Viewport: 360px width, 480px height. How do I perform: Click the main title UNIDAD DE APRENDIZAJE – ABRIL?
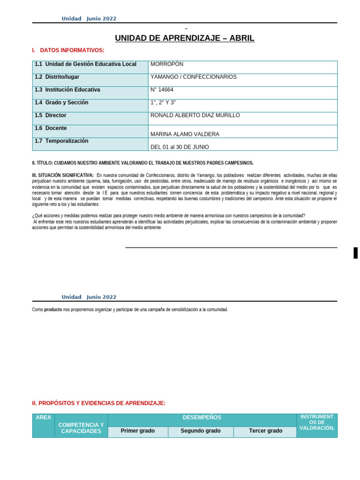click(x=185, y=38)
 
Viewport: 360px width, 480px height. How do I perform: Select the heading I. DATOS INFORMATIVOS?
click(x=68, y=50)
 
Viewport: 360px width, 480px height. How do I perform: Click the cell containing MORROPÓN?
click(x=167, y=64)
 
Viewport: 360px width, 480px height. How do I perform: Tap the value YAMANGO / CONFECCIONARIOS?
click(x=193, y=77)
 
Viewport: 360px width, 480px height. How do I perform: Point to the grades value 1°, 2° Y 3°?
click(x=163, y=103)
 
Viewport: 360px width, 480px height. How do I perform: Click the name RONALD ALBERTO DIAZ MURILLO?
click(x=195, y=115)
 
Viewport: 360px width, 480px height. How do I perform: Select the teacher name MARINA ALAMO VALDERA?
click(x=185, y=134)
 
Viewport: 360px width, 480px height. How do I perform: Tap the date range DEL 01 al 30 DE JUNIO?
click(x=180, y=147)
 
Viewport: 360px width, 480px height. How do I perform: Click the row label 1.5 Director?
click(x=50, y=115)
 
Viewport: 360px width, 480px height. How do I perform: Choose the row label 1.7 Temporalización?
click(x=61, y=141)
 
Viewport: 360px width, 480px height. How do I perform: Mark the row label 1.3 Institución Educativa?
click(x=67, y=90)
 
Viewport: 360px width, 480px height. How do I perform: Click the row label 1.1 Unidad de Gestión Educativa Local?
click(x=85, y=64)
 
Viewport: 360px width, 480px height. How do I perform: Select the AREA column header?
click(x=43, y=417)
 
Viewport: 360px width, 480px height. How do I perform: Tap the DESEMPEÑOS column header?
click(x=202, y=417)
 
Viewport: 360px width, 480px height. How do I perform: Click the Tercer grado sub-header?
click(x=265, y=431)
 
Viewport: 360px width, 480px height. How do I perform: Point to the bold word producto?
click(x=53, y=310)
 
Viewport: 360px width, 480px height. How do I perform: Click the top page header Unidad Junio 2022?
click(x=89, y=19)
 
